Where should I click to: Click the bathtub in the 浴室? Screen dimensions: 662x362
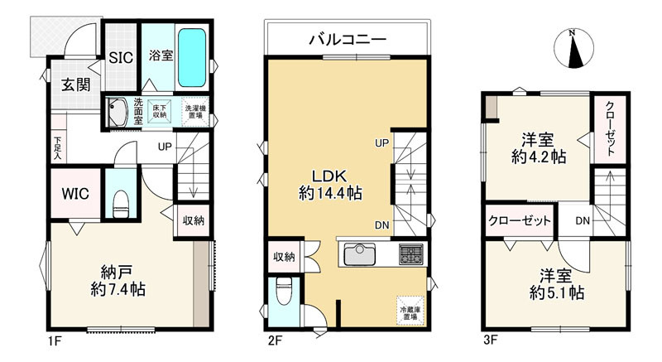click(192, 58)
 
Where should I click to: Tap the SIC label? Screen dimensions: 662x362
click(121, 57)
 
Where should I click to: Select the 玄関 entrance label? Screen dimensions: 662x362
click(76, 84)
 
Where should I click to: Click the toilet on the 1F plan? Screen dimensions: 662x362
click(121, 202)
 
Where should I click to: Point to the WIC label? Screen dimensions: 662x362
click(75, 194)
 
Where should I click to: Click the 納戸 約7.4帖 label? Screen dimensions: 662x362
click(118, 281)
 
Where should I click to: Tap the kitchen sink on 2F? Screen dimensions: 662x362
click(359, 253)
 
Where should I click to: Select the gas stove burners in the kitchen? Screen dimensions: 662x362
click(410, 253)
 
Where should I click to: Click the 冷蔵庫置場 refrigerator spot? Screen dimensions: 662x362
click(410, 311)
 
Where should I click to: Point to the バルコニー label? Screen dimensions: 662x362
click(348, 40)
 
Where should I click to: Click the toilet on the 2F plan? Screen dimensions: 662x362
click(282, 292)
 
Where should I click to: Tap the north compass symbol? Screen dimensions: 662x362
click(573, 48)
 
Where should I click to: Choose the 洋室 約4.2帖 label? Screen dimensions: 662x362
click(539, 147)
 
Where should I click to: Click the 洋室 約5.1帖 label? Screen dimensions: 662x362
click(556, 284)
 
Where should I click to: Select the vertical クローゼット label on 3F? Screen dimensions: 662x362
click(610, 128)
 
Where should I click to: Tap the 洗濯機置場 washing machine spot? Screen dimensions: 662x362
click(195, 112)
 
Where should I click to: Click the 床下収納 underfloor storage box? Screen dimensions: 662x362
click(160, 112)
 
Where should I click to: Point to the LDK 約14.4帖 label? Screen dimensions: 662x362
click(330, 184)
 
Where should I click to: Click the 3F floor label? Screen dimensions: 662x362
click(490, 340)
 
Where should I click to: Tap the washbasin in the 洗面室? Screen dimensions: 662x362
click(117, 112)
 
